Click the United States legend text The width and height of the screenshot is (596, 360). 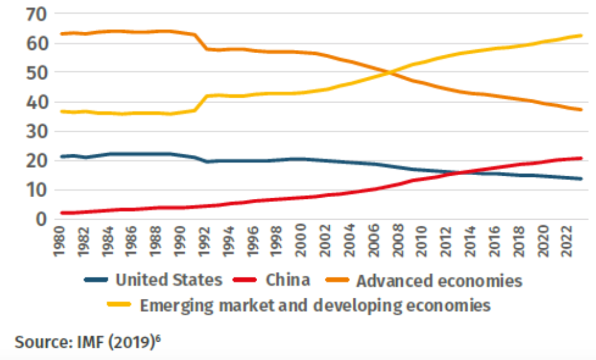pyautogui.click(x=169, y=280)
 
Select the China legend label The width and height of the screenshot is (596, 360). pyautogui.click(x=287, y=280)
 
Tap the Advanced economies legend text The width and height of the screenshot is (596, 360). pyautogui.click(x=439, y=280)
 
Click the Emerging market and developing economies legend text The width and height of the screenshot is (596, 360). pyautogui.click(x=315, y=305)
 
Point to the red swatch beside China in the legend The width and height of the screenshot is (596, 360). pyautogui.click(x=246, y=280)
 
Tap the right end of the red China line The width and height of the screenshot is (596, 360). pyautogui.click(x=581, y=158)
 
